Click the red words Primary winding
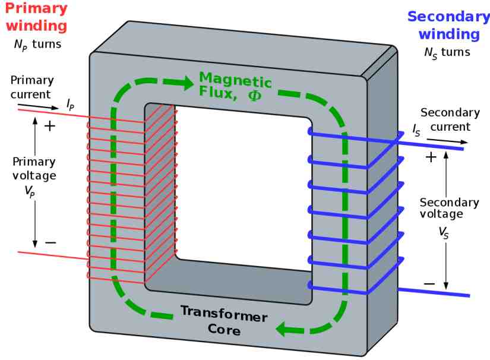pos(36,17)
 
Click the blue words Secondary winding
pos(449,26)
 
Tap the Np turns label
pos(38,45)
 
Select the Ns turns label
pos(447,53)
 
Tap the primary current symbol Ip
pos(70,105)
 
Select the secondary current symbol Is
pos(416,130)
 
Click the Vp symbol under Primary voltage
pos(30,191)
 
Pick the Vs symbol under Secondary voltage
pos(444,232)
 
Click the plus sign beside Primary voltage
pos(50,127)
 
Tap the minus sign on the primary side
pos(50,242)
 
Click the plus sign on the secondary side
pos(431,157)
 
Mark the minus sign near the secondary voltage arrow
pos(429,284)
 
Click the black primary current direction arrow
pos(38,106)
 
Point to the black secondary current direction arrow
pos(447,141)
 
